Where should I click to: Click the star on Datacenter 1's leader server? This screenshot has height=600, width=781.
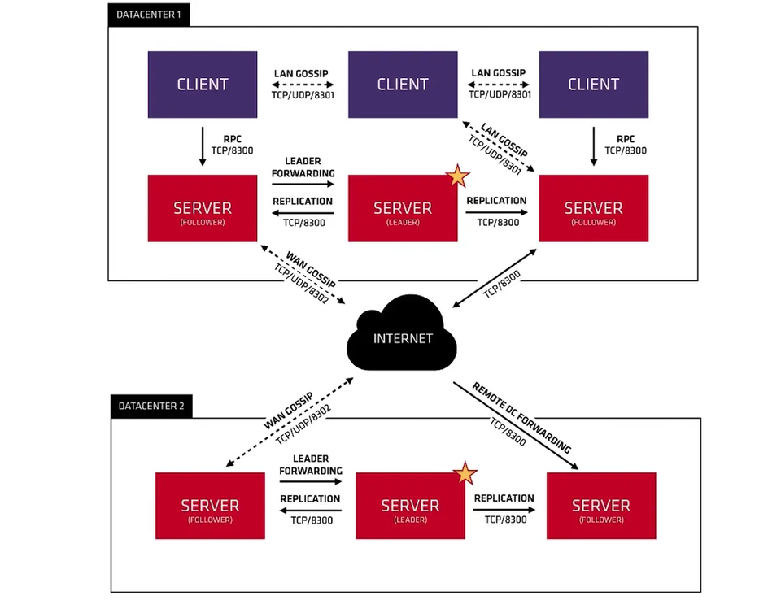[x=458, y=175]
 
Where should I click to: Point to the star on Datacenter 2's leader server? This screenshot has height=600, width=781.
[x=465, y=472]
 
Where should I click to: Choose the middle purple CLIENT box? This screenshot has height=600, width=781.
[x=402, y=84]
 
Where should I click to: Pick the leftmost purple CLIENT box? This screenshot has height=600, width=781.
[x=202, y=84]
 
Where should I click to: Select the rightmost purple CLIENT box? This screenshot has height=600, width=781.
[x=593, y=84]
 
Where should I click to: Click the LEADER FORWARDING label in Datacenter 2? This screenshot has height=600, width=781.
[x=310, y=464]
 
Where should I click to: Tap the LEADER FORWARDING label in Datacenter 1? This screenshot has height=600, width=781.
[x=303, y=167]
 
